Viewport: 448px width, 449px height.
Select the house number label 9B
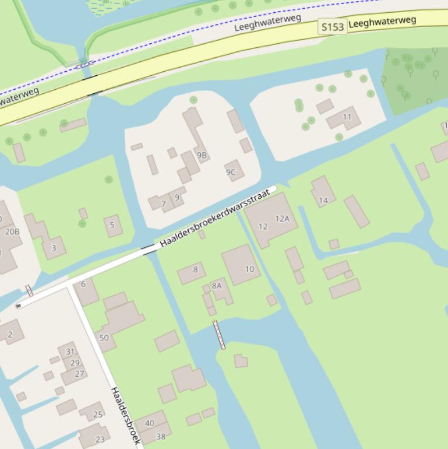[x=202, y=155]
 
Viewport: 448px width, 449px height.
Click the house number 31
[x=70, y=352]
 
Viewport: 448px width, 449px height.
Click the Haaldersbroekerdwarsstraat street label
[x=216, y=218]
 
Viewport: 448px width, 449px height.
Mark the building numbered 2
[x=10, y=334]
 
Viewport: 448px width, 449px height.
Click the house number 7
[x=164, y=204]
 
